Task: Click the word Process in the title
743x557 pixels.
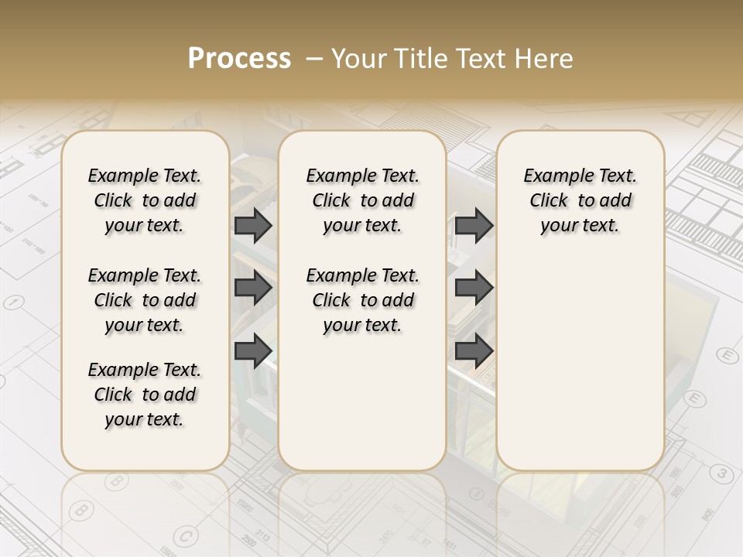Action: (239, 59)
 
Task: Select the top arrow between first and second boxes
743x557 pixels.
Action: (253, 225)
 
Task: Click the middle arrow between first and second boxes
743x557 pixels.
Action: (253, 288)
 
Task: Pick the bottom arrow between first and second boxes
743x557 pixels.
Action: (253, 351)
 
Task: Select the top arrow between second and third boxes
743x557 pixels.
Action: (474, 225)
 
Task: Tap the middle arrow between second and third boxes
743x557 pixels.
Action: (474, 288)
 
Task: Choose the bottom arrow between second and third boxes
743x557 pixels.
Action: (474, 351)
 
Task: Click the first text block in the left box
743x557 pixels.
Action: (145, 200)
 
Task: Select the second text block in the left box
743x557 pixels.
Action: (145, 300)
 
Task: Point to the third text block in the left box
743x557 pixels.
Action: (145, 395)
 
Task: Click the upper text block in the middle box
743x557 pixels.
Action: (362, 200)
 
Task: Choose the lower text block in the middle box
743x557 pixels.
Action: (362, 300)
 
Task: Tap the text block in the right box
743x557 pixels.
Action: (580, 200)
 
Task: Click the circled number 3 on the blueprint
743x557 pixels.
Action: (721, 473)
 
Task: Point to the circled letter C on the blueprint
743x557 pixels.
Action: (184, 535)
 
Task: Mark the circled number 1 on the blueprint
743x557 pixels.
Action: (12, 302)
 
